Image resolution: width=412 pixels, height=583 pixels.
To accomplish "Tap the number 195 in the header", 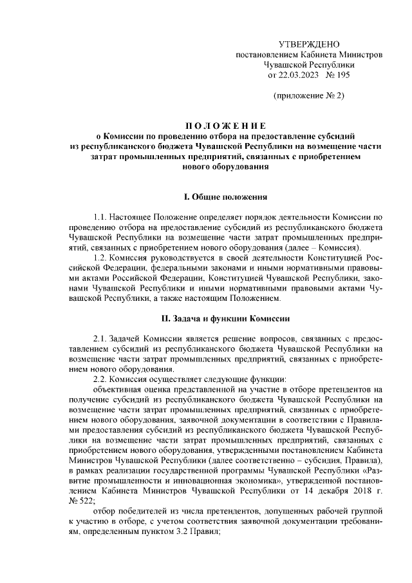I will [x=342, y=75].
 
